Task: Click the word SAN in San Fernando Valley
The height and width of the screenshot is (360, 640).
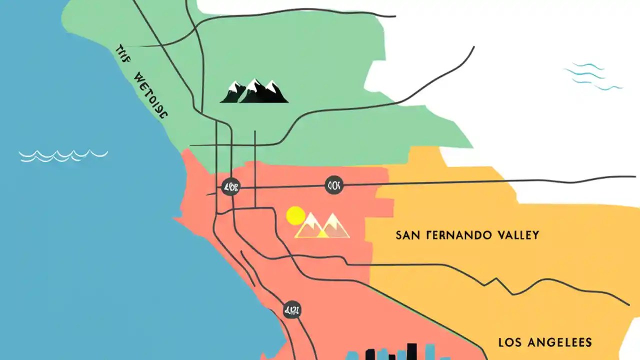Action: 406,234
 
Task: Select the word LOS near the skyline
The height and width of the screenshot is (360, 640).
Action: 512,342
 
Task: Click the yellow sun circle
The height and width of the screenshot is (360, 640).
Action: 295,215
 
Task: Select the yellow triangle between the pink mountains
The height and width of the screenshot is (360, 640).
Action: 323,232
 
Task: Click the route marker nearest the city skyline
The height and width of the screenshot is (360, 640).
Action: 291,310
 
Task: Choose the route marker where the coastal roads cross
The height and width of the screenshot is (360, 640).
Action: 230,187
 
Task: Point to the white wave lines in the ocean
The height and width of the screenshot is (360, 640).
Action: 63,155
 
